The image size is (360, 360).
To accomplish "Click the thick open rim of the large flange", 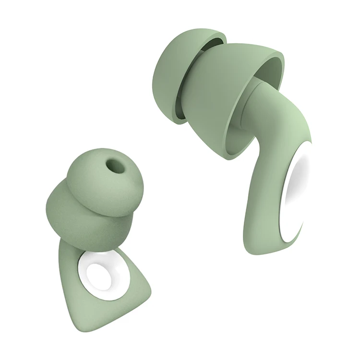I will tap(269, 62).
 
